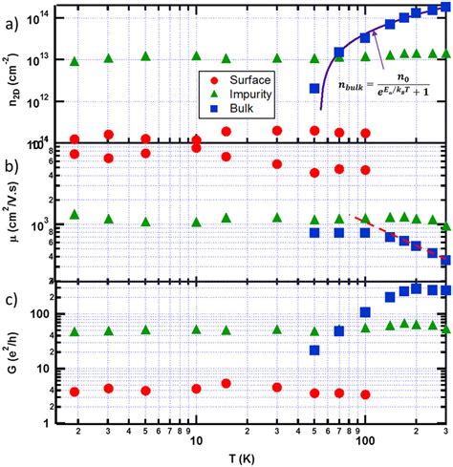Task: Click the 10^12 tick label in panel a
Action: (x=54, y=99)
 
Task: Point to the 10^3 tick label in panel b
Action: (x=54, y=225)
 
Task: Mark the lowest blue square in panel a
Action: (x=313, y=89)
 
